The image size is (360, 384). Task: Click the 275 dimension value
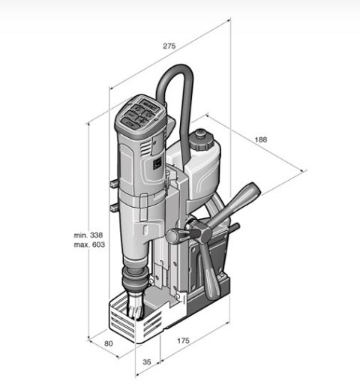click(169, 46)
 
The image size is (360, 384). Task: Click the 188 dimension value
click(261, 139)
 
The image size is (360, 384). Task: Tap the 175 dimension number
click(183, 340)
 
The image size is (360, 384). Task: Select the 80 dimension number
click(108, 343)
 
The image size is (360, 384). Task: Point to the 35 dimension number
click(147, 361)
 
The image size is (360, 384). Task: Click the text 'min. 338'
click(88, 235)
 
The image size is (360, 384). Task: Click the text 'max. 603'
click(89, 244)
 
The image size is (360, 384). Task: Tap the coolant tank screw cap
click(201, 140)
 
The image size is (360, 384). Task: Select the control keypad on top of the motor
click(140, 113)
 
